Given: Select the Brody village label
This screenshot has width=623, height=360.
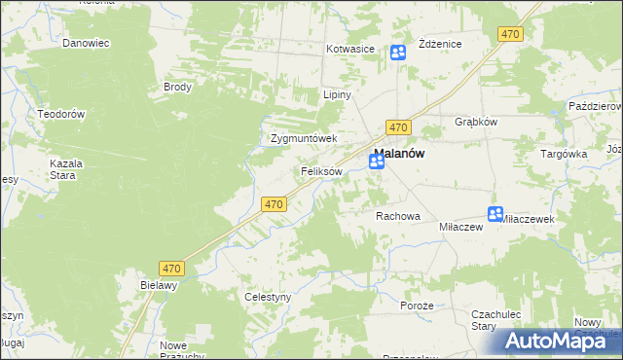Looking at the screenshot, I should (x=177, y=87).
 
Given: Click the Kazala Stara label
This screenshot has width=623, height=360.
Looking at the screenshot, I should (x=66, y=170).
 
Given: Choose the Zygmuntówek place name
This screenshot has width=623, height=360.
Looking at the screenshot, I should (x=303, y=138).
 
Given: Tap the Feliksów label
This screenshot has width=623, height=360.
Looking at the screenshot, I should (x=320, y=171).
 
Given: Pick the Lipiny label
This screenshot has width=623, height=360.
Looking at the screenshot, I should (x=336, y=95).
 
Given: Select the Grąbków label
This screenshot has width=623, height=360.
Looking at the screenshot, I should (x=476, y=123).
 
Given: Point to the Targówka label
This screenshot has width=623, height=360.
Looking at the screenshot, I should (x=564, y=154).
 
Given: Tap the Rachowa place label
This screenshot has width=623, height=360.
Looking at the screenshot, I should (x=397, y=216).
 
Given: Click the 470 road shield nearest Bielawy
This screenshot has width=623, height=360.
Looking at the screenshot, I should (x=172, y=266).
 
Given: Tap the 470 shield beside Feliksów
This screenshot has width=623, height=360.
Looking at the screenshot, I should (x=274, y=204).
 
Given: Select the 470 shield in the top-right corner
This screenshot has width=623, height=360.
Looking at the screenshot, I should (x=510, y=34).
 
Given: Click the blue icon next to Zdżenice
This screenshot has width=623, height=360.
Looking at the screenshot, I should (x=398, y=53).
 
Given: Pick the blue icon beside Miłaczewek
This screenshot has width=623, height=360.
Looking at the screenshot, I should (x=495, y=214).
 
